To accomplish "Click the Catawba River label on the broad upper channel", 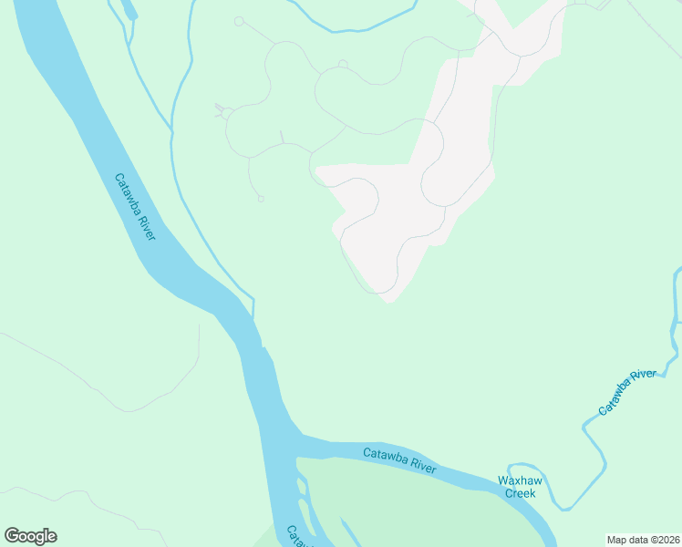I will tap(136, 207).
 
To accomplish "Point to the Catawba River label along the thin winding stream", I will tap(627, 392).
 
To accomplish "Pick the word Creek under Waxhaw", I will tap(521, 493).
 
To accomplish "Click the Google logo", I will tap(30, 536).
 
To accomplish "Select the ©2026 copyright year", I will tap(664, 539).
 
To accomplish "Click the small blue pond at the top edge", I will tap(127, 10).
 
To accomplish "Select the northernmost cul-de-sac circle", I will tap(239, 21).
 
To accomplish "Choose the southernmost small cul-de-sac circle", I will tap(261, 198).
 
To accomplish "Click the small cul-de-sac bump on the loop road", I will tap(343, 64).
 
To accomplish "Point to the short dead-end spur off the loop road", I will tap(282, 137).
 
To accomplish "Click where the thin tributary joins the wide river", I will tap(253, 312).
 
